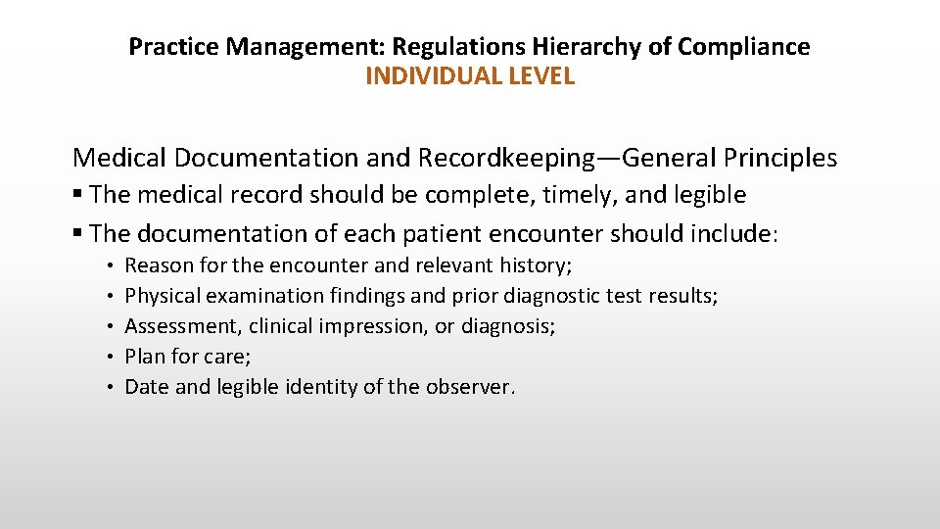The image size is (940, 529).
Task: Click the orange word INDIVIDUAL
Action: pyautogui.click(x=430, y=76)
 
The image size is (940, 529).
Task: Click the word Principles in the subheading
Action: pyautogui.click(x=776, y=157)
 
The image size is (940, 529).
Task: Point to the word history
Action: pyautogui.click(x=535, y=264)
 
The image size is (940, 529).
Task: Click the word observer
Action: pyautogui.click(x=469, y=386)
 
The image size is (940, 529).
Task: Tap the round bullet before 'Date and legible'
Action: pyautogui.click(x=115, y=386)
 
